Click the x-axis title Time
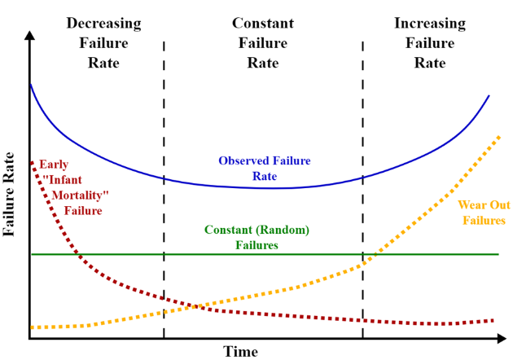tap(241, 351)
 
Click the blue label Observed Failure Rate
tap(265, 168)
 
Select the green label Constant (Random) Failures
tap(256, 237)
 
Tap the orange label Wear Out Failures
tap(484, 212)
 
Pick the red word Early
tap(54, 164)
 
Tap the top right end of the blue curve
tap(489, 96)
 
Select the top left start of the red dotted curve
tap(32, 162)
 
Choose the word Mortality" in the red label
tap(80, 195)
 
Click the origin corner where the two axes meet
tap(29, 337)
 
